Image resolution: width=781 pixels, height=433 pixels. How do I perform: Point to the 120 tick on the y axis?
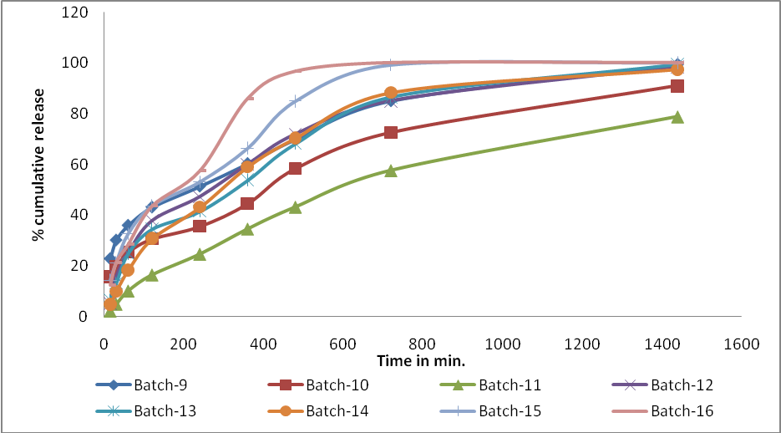point(79,13)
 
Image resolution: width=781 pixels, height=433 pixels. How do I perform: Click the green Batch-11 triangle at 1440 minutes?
point(677,117)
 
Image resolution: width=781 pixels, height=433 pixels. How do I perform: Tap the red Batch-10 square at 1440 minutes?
point(677,86)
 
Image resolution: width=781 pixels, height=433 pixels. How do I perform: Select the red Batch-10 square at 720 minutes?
point(390,132)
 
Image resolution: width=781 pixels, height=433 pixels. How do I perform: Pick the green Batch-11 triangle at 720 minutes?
point(390,171)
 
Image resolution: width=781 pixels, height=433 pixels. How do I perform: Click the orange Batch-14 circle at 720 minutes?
point(390,93)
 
